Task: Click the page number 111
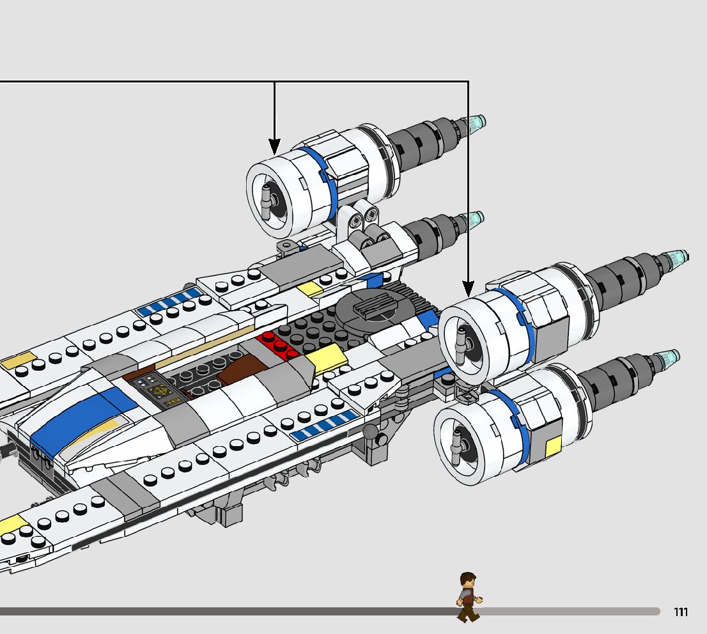pyautogui.click(x=681, y=612)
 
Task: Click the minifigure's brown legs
pyautogui.click(x=467, y=614)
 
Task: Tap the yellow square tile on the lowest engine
pyautogui.click(x=553, y=447)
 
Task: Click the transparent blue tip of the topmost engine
pyautogui.click(x=477, y=123)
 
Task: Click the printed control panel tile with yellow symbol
pyautogui.click(x=156, y=390)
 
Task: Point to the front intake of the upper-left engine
pyautogui.click(x=269, y=194)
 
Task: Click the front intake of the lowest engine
pyautogui.click(x=458, y=444)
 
